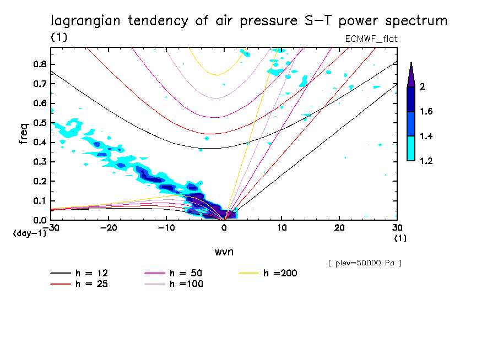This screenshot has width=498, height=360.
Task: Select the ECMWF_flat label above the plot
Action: tap(371, 39)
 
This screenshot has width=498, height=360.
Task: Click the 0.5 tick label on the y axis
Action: tap(39, 123)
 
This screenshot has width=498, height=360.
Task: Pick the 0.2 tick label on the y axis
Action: tap(39, 181)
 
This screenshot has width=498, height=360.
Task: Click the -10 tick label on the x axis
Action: tap(166, 227)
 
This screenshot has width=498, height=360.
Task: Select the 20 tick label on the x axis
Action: tap(339, 227)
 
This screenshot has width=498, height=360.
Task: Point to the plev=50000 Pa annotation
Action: tap(365, 263)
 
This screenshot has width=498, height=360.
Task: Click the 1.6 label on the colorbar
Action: tap(426, 112)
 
